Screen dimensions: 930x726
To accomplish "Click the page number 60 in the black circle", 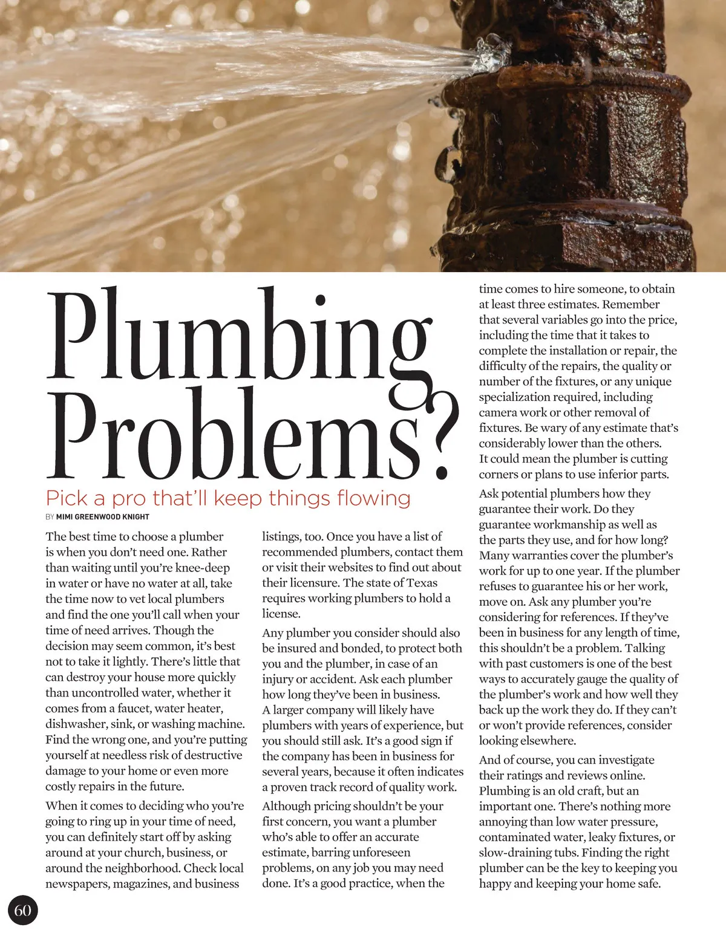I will (x=22, y=910).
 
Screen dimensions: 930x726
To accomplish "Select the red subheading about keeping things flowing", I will (x=228, y=498).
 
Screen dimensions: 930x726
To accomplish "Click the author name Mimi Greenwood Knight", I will (x=102, y=517).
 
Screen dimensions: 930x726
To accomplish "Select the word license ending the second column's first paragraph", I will (x=281, y=614).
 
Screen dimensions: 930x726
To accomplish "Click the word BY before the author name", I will (x=50, y=517).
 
